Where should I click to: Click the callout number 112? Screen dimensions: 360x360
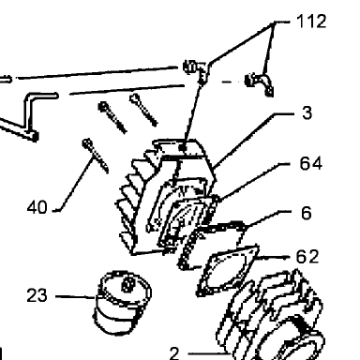(x=311, y=22)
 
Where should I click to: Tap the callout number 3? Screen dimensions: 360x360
(x=307, y=112)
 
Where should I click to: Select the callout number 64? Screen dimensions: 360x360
(x=310, y=163)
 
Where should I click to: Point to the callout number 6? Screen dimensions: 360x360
(x=307, y=214)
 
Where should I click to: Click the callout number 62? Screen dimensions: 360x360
(x=307, y=257)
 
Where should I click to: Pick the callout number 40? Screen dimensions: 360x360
(x=37, y=207)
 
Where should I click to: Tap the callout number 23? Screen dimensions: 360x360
(x=37, y=295)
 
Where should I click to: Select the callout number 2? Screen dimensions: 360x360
(x=174, y=353)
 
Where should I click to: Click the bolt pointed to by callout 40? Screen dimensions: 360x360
(x=96, y=156)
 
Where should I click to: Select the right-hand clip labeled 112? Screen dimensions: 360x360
(x=259, y=83)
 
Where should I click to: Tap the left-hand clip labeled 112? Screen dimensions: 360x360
(x=196, y=70)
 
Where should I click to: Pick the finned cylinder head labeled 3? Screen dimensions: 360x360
(x=167, y=197)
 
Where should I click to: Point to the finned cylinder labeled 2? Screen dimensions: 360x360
(x=272, y=316)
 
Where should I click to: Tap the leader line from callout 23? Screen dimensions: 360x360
(x=75, y=296)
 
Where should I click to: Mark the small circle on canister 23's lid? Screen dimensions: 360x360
(x=127, y=285)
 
